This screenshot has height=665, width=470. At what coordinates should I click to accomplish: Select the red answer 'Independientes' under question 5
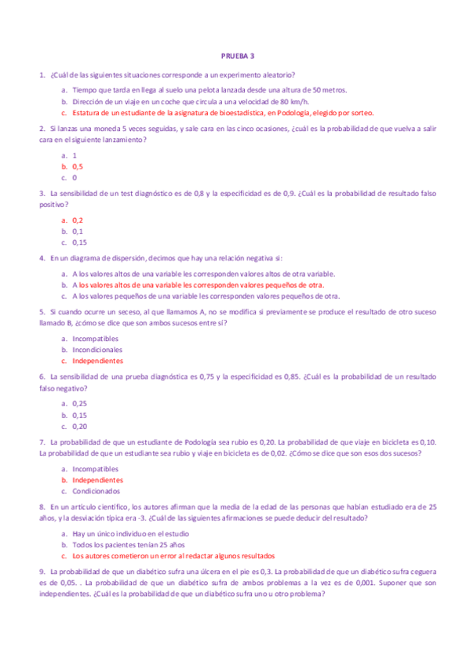click(97, 361)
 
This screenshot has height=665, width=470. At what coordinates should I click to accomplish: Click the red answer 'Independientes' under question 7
click(97, 479)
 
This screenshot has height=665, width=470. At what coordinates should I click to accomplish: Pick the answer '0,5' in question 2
click(78, 166)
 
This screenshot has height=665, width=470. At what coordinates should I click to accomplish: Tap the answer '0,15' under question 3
click(79, 242)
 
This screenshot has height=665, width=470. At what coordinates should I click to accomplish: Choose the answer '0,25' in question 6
click(79, 403)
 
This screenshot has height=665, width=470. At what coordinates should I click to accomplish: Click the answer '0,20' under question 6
click(79, 427)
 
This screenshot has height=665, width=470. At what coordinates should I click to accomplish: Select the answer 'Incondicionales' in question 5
click(97, 350)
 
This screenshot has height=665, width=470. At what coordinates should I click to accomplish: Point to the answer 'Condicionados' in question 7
click(97, 490)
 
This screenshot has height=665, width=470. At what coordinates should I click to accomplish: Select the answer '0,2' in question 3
click(78, 220)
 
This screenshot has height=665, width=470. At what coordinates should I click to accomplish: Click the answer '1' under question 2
click(75, 155)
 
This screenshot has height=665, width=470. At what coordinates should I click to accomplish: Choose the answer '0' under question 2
click(75, 177)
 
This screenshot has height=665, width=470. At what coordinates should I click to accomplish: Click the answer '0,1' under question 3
click(78, 231)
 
